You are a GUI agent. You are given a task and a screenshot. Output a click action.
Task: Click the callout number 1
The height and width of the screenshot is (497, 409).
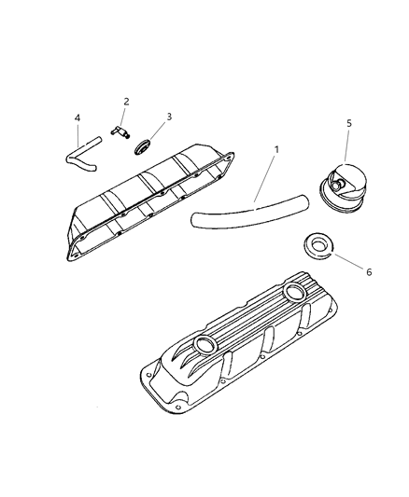pyautogui.click(x=276, y=149)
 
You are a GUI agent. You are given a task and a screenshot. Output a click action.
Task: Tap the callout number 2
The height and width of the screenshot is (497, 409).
pyautogui.click(x=126, y=102)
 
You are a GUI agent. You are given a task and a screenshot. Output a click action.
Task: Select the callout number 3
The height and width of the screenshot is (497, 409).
pyautogui.click(x=169, y=117)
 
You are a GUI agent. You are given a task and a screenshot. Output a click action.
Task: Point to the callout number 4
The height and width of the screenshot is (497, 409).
pyautogui.click(x=78, y=117)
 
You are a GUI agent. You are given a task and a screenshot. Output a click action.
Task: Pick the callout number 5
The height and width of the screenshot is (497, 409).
pyautogui.click(x=349, y=123)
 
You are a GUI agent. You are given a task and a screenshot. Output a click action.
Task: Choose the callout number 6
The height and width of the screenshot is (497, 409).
pyautogui.click(x=369, y=272)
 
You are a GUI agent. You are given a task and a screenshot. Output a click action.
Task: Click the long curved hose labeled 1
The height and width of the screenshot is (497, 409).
pyautogui.click(x=250, y=213)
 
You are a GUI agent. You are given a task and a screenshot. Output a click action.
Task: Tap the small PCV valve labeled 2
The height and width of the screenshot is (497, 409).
pyautogui.click(x=120, y=131)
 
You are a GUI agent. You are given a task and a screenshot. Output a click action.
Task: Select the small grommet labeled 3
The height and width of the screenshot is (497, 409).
pyautogui.click(x=142, y=147)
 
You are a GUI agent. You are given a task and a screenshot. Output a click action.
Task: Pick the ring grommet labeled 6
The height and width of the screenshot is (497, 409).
pyautogui.click(x=317, y=245)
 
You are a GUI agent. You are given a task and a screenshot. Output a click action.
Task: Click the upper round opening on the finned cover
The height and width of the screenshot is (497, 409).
pyautogui.click(x=295, y=292)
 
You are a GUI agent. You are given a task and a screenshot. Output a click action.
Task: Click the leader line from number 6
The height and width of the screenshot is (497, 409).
pyautogui.click(x=347, y=261)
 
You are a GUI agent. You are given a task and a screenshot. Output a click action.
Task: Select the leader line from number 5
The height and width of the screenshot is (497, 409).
pyautogui.click(x=346, y=146)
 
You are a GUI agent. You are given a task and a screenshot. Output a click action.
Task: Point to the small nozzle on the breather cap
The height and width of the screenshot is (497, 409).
pyautogui.click(x=337, y=183)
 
